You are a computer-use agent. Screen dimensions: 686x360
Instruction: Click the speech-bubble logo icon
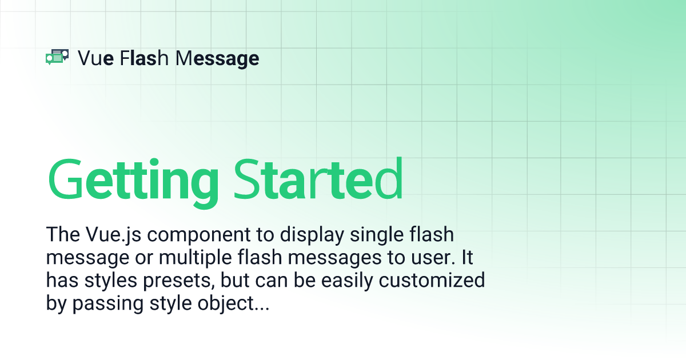57,57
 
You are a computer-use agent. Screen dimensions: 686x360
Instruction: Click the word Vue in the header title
96,58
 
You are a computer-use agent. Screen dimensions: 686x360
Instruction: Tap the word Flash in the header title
144,58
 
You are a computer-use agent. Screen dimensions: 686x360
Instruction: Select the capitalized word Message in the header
217,59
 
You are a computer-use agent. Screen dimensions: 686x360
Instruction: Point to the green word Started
318,178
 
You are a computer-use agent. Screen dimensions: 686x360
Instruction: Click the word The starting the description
63,234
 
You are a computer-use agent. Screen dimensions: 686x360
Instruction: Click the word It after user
468,257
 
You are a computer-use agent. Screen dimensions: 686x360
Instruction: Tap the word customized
432,280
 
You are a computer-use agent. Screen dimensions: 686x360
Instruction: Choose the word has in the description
62,280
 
